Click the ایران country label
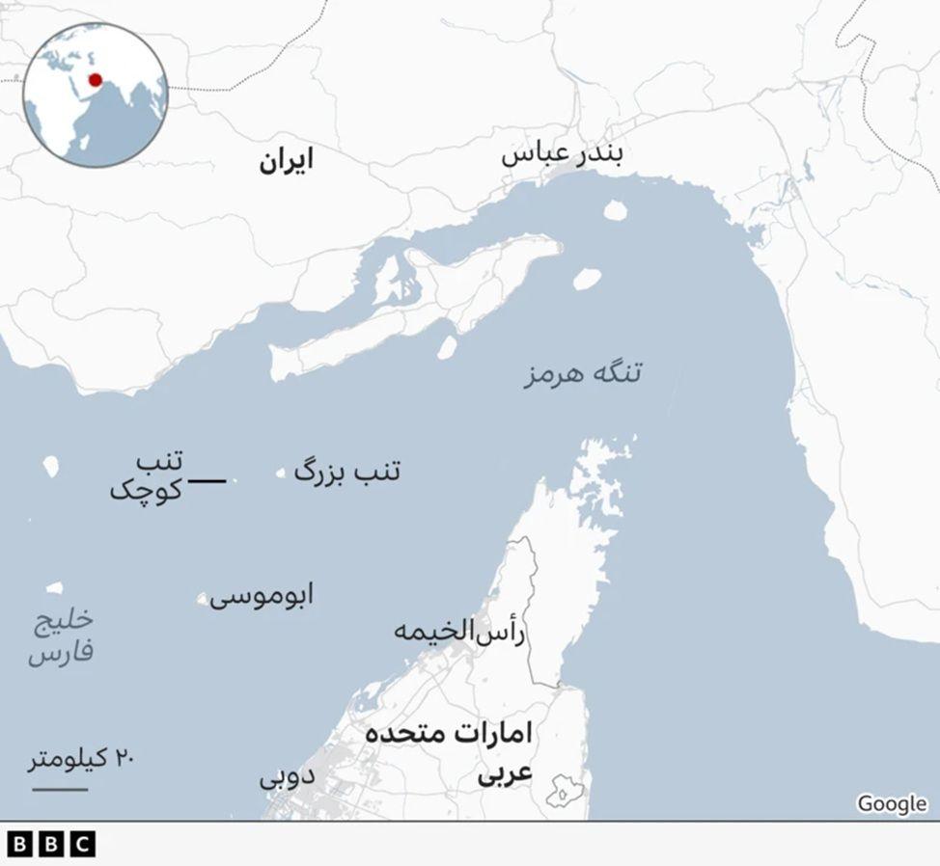coord(286,161)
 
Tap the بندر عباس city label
coord(562,157)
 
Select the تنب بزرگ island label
coord(346,472)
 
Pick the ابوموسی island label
coord(262,596)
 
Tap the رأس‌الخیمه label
coord(460,632)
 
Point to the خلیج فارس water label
coord(61,636)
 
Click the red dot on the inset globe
coord(95,79)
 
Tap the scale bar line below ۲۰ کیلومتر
coord(59,790)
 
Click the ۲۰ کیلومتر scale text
coord(80,759)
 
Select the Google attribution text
coord(891,803)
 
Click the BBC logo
coord(51,844)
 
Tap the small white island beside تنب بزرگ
coord(281,473)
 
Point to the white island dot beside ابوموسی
coord(202,599)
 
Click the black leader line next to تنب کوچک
coord(207,480)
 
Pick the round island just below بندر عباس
coord(614,209)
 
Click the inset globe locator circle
coord(95,95)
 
